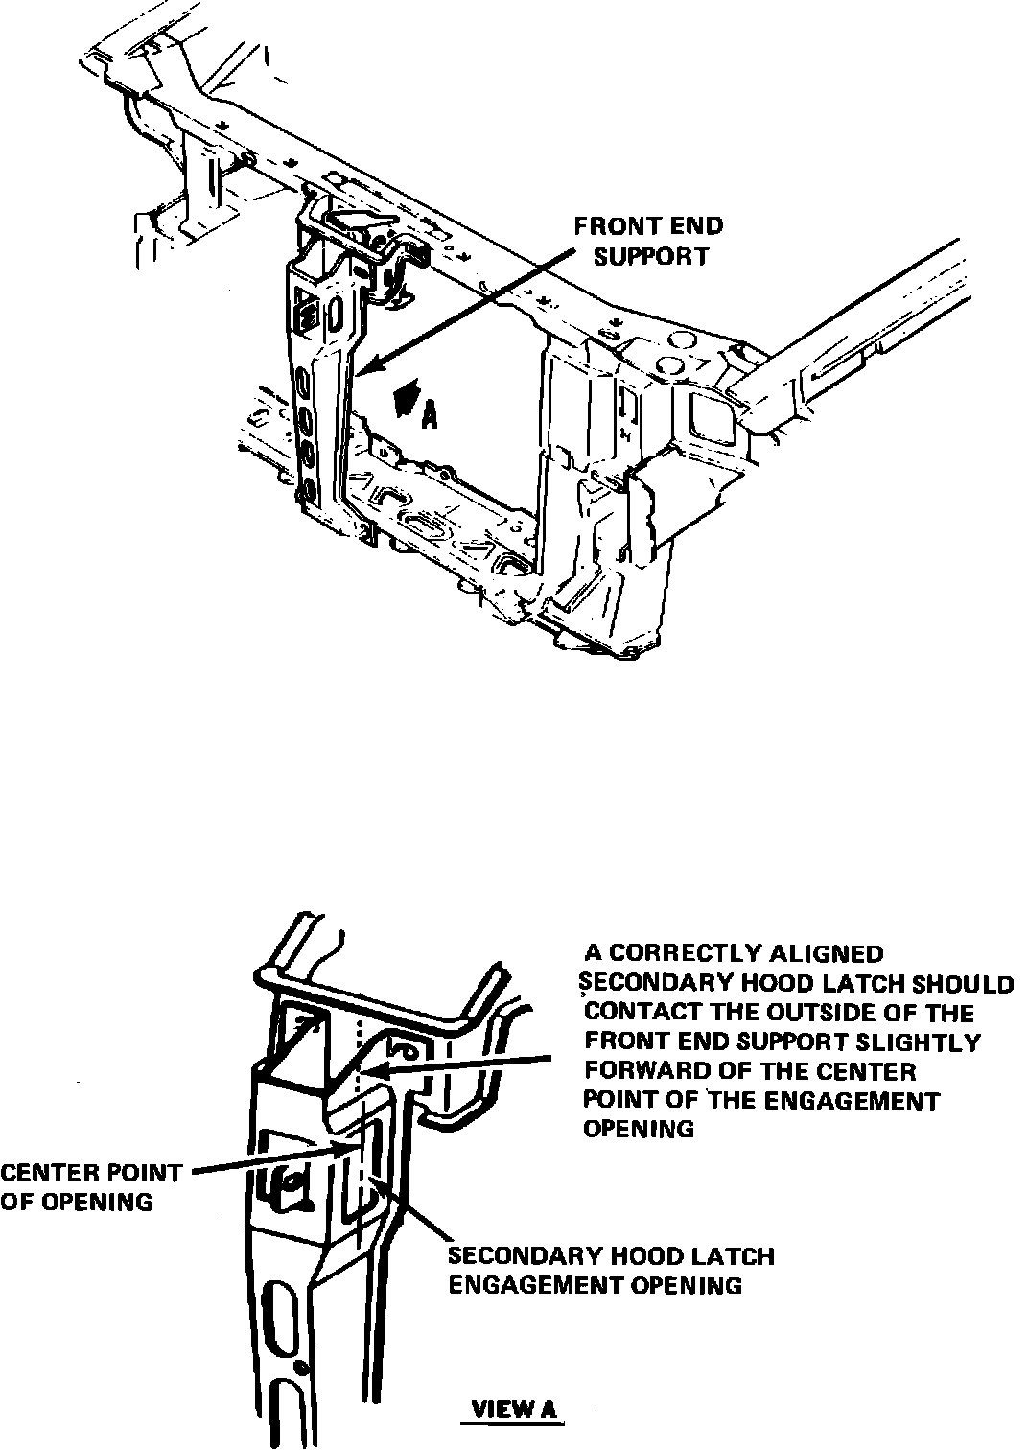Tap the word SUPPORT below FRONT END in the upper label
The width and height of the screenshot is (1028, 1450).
pos(651,257)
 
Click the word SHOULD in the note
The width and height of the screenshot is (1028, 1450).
pos(963,984)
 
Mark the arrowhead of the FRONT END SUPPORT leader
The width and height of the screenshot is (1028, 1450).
pos(366,367)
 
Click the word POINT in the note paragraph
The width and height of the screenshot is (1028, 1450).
pos(616,1100)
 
